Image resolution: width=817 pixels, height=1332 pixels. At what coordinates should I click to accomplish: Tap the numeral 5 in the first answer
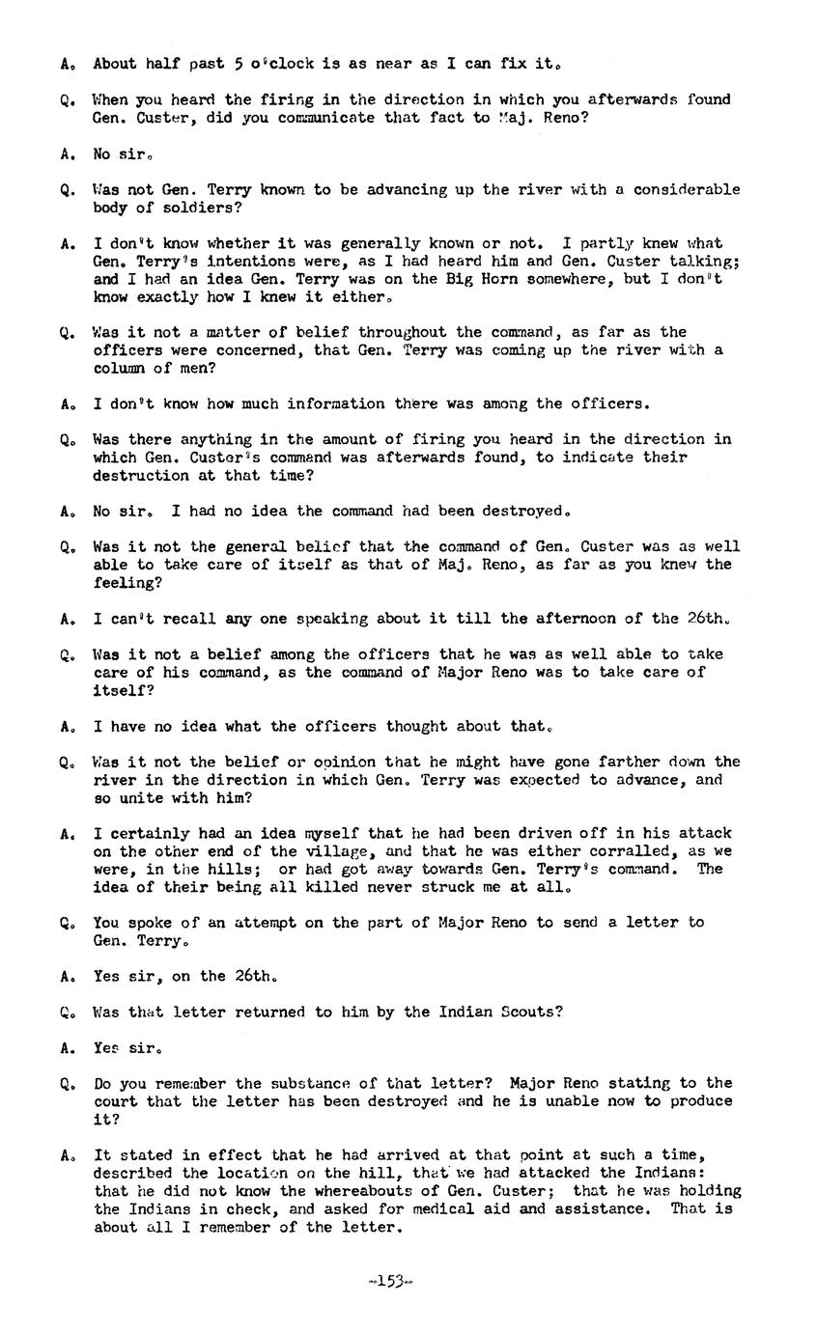(238, 64)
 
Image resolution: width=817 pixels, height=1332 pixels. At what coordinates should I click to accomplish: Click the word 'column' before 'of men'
(120, 368)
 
